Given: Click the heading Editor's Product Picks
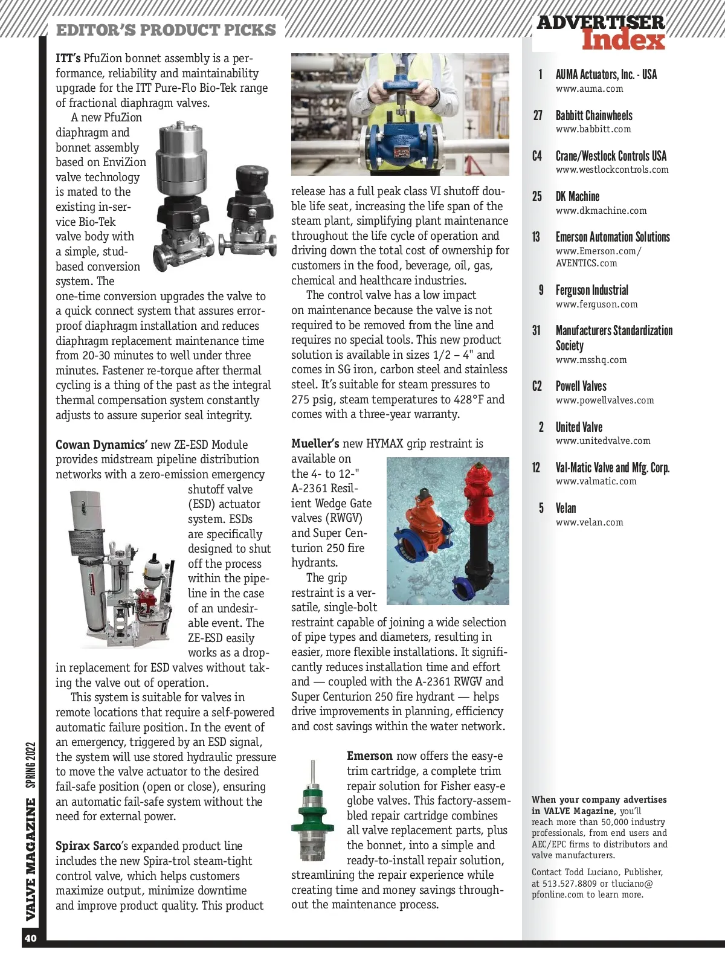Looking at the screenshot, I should click(x=166, y=30).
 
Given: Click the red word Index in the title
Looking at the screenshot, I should click(x=623, y=40).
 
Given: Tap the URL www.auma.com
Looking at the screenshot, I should click(x=589, y=89).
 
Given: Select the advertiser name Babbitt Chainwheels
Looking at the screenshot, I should click(x=594, y=115).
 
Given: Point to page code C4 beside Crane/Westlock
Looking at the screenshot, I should click(x=537, y=156).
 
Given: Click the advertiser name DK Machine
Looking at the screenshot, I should click(x=577, y=196).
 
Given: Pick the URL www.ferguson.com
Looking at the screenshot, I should click(x=596, y=304).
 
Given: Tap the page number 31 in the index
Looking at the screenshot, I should click(x=536, y=330).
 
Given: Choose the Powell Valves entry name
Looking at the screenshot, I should click(x=581, y=386).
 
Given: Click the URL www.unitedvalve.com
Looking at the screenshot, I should click(x=602, y=441).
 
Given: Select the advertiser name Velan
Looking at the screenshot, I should click(x=565, y=508).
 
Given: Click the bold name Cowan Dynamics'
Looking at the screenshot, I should click(x=101, y=445).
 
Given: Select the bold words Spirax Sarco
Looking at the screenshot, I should click(x=88, y=846).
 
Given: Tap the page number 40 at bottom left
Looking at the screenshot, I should click(x=30, y=938).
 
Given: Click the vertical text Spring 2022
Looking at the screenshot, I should click(x=31, y=765).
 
